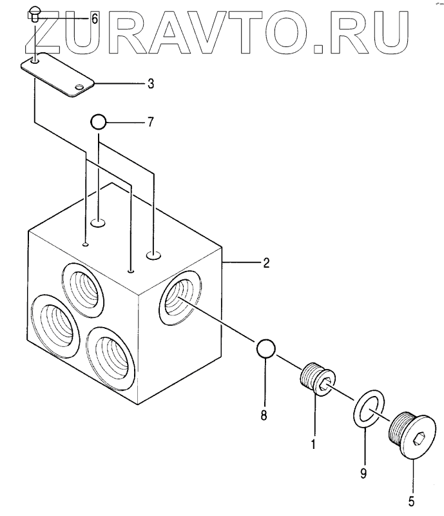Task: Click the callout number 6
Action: (x=94, y=19)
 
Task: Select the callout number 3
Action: (x=150, y=83)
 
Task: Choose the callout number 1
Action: (x=313, y=444)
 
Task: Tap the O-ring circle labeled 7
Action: (x=98, y=121)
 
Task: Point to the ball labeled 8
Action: (x=266, y=349)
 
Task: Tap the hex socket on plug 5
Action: (x=419, y=442)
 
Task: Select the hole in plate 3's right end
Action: (x=79, y=86)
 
